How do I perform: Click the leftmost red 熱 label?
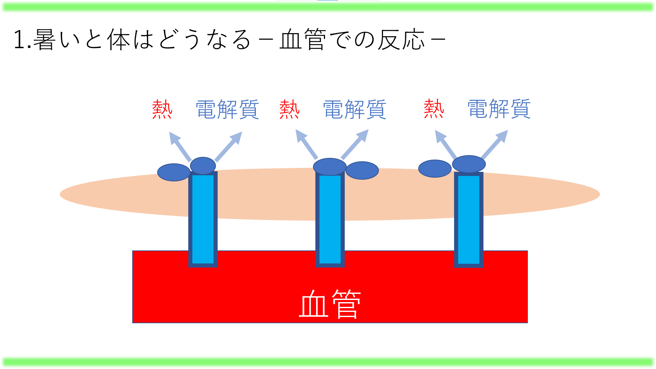click(x=162, y=109)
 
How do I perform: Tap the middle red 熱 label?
click(x=289, y=109)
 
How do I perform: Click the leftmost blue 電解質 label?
click(x=227, y=109)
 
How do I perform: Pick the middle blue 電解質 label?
click(x=355, y=109)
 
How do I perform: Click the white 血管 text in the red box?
click(x=330, y=304)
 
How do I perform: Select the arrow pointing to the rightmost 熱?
click(x=446, y=144)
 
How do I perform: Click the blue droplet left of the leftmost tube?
click(x=174, y=172)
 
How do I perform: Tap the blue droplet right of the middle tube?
click(x=362, y=170)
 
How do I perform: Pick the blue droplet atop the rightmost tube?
click(x=469, y=164)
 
